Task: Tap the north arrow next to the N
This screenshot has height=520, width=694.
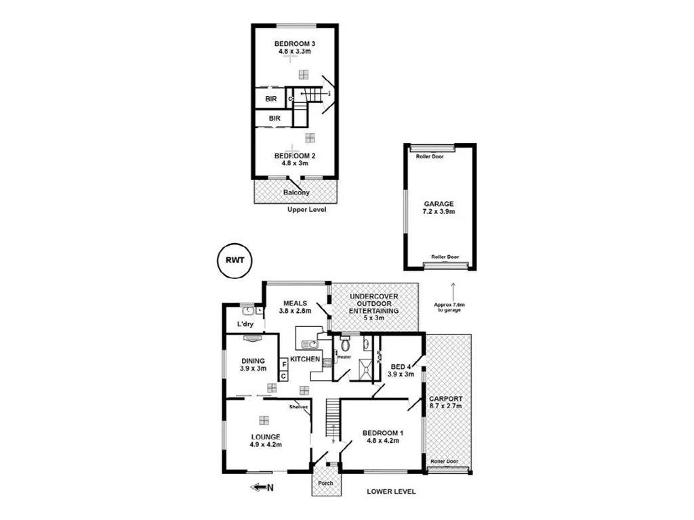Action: tap(258, 486)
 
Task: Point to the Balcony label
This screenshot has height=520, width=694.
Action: tap(295, 192)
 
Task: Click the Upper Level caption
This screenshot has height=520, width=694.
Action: tap(306, 210)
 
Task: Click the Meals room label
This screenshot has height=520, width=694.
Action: tap(295, 303)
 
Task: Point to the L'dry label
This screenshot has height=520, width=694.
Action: tap(245, 324)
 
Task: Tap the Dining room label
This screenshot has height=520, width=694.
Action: tap(252, 361)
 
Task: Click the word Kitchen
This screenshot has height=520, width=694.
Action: tap(305, 358)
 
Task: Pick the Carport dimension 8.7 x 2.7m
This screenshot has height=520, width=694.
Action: tap(445, 406)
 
